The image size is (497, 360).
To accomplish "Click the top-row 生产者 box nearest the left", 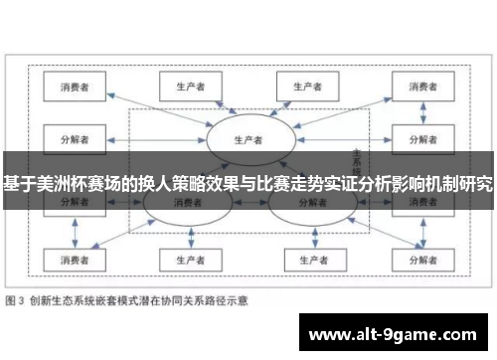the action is coord(185,88).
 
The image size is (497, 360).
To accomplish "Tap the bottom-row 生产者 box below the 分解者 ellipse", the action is coord(308,261).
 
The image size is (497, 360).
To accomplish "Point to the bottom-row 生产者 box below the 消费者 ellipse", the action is coord(185,261).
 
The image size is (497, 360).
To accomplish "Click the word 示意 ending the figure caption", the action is coord(237,298).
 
